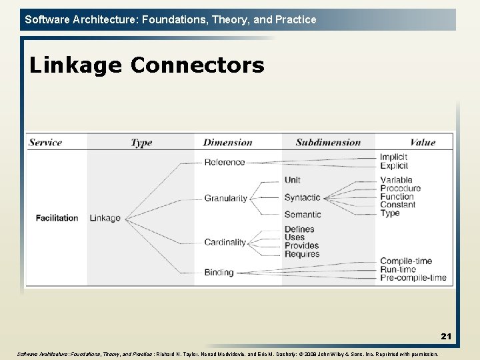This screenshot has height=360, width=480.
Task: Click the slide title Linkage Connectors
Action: pos(147,65)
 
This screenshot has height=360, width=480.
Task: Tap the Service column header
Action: pos(45,142)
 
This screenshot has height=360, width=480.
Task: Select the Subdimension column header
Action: pos(328,142)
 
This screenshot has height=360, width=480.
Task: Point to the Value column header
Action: pos(423,142)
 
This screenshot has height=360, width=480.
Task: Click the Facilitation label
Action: pos(57,218)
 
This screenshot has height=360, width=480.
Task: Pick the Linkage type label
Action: pos(105,218)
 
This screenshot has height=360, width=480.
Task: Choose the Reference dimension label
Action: pos(225,162)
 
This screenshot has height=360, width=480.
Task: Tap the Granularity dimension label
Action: pos(225,198)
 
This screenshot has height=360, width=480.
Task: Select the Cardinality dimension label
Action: pos(225,242)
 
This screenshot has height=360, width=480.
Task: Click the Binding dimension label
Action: pos(219,272)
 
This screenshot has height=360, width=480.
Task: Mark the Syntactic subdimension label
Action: pos(302,197)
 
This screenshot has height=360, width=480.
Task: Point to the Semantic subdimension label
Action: pos(303,215)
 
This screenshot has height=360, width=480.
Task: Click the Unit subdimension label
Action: pos(293,180)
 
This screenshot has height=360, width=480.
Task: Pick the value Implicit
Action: pos(393,157)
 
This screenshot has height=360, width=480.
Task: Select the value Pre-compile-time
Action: pos(413,277)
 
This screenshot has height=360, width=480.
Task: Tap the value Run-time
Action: pos(398,269)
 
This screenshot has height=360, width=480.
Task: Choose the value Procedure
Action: pos(401,188)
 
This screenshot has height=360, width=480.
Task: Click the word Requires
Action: pos(302,254)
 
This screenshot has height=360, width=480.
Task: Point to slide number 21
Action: pos(445,337)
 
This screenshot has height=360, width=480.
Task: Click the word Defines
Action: pos(299,229)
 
